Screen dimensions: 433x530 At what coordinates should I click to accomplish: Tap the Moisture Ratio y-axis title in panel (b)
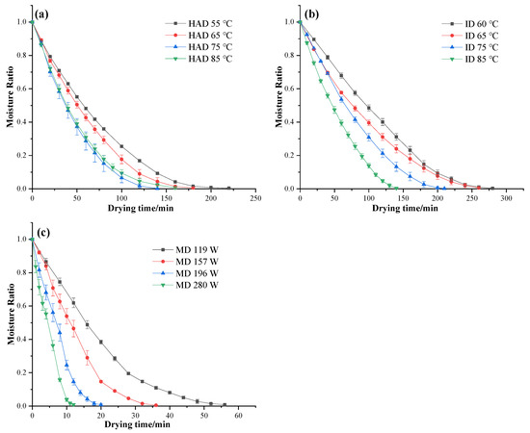277,104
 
